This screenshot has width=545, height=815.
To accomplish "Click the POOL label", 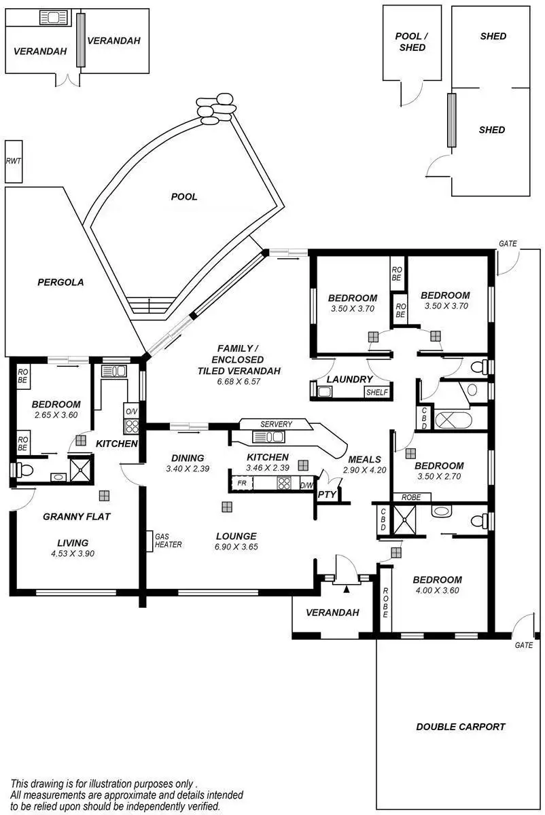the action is click(x=184, y=197).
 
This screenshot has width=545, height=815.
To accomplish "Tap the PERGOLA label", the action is click(x=61, y=282).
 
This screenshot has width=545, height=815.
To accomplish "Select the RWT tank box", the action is click(x=13, y=161).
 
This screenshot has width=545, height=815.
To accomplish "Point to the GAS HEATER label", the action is click(x=168, y=540).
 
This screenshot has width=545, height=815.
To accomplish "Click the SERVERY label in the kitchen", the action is click(x=276, y=424).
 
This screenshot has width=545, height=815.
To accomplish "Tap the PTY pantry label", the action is click(x=327, y=494).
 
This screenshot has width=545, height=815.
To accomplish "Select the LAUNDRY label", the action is click(x=349, y=379).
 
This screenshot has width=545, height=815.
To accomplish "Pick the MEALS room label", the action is click(x=364, y=460).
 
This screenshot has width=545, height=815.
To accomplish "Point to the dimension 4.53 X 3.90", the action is click(x=73, y=554).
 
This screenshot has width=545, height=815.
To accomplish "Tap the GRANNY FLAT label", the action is click(x=77, y=516).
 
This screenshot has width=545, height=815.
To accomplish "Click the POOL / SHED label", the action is click(x=412, y=42).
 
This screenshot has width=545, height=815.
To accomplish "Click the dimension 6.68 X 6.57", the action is click(x=230, y=382).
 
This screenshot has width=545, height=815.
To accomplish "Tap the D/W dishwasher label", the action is click(x=306, y=485).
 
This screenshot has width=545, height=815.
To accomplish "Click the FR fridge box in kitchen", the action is click(x=241, y=484).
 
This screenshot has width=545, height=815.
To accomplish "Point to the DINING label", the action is click(x=188, y=458).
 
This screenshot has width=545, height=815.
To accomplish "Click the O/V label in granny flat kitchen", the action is click(x=130, y=410).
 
